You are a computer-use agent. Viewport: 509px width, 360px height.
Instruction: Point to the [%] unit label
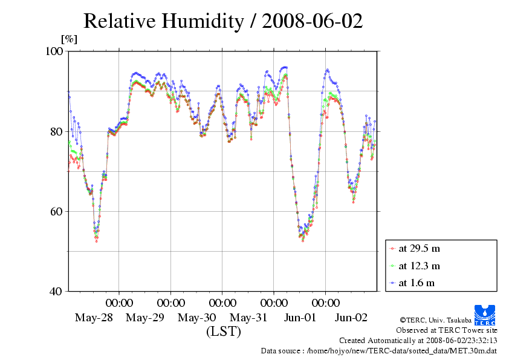point(69,39)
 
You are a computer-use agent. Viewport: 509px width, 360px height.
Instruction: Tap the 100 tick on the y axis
point(55,51)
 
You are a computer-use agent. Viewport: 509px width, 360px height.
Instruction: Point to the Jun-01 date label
point(299,318)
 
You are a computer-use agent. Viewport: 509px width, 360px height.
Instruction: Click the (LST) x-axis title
point(223,332)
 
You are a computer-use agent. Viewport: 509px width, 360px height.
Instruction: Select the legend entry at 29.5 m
point(419,248)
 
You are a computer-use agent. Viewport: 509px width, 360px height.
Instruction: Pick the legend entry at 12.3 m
point(419,266)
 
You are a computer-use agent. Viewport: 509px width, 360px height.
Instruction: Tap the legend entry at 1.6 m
point(417,283)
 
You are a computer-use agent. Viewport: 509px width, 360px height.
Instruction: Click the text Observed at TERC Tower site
point(447,330)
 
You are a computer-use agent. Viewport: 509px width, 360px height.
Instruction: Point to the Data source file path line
point(378,350)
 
